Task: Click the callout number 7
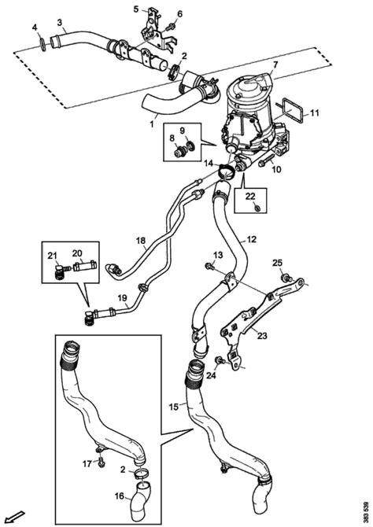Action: [x=275, y=64]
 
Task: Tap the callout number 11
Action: [x=314, y=112]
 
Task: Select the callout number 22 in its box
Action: [x=250, y=196]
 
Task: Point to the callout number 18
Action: [x=141, y=241]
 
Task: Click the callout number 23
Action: [x=262, y=335]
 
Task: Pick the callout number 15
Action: [x=174, y=407]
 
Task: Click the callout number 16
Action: [x=120, y=496]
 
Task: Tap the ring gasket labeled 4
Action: [x=43, y=45]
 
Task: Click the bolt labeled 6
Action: [x=172, y=25]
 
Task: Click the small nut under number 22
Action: [x=257, y=208]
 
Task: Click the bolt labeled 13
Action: [x=209, y=267]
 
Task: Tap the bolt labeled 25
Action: [x=286, y=278]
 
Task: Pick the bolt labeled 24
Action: [x=220, y=360]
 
